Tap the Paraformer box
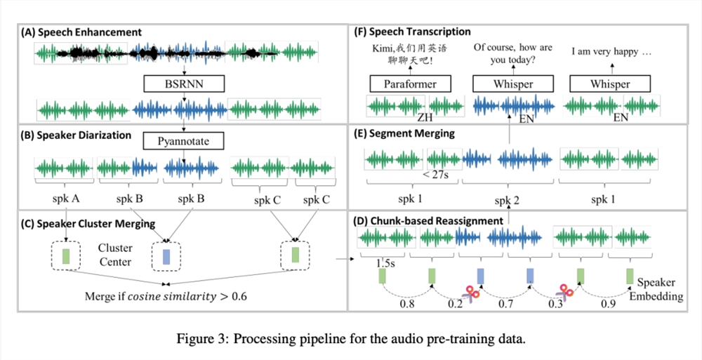click(401, 84)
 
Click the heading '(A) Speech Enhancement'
click(81, 32)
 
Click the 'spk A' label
click(67, 199)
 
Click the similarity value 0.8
click(408, 305)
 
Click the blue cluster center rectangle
click(166, 255)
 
